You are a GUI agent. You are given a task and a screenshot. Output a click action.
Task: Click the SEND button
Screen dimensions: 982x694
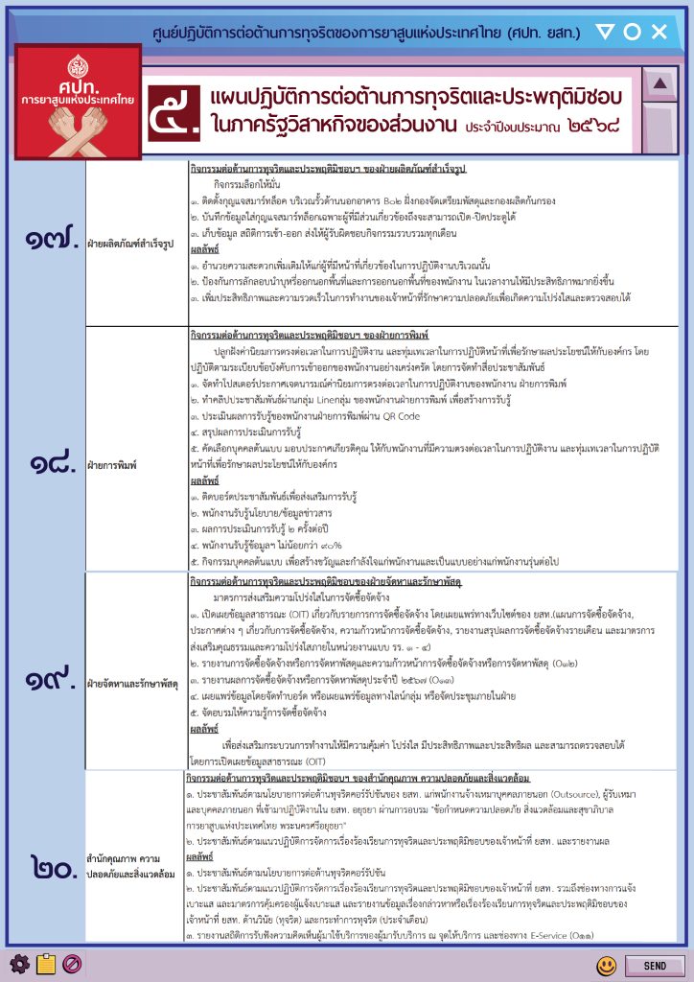(x=655, y=965)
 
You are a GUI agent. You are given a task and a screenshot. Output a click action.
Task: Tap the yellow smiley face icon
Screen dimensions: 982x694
(x=606, y=965)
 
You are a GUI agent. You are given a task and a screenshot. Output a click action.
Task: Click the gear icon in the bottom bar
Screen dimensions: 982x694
(x=18, y=964)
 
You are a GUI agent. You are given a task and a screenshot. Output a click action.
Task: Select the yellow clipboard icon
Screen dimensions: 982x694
(x=45, y=964)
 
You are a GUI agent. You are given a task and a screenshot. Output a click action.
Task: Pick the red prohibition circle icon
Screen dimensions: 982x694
(x=72, y=964)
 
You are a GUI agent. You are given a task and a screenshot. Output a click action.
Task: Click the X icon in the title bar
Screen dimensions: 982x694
(x=659, y=32)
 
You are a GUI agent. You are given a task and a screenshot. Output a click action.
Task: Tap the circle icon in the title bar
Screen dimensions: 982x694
(x=632, y=32)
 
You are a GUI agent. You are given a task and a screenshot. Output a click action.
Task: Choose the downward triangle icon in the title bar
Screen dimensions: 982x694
(x=604, y=32)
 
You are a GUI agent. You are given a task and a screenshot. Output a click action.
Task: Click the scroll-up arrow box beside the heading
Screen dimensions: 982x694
(x=659, y=83)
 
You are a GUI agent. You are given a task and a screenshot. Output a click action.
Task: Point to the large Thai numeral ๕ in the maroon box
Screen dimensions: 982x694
(x=173, y=111)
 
